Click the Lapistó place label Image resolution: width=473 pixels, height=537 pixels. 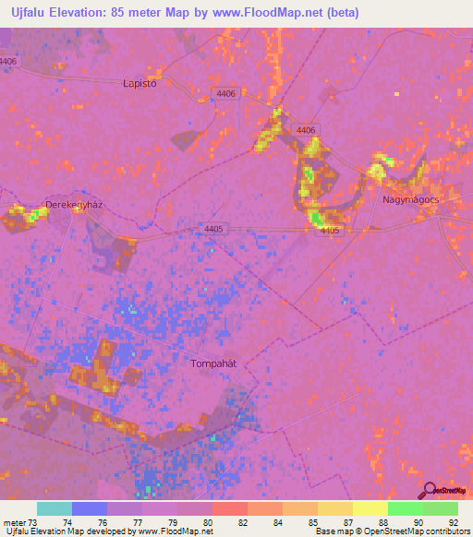pos(141,82)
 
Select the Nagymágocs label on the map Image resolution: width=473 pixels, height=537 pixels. pos(410,198)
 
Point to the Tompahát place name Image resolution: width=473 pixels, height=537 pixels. pos(213,363)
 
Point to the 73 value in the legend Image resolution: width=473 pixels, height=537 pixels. pos(31,522)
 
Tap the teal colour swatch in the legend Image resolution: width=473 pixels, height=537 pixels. pos(55,508)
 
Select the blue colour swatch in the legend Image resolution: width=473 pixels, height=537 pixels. pos(90,508)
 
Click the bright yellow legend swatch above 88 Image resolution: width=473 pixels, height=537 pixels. pos(370,508)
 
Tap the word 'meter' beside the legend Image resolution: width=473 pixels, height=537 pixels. pos(13,522)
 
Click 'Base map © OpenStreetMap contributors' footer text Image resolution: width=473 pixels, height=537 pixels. pos(391,531)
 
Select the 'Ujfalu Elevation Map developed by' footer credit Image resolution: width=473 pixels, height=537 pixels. pos(69,531)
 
